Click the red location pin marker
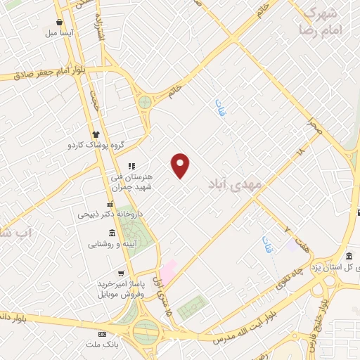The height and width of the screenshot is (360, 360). point(181,165)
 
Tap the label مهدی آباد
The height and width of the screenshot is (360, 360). point(235,185)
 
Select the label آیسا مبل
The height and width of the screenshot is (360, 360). point(60,33)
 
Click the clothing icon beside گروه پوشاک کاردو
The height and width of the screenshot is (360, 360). point(96,134)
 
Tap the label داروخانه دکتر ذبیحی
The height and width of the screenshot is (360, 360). point(110,213)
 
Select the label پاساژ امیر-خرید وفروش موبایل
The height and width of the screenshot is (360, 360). point(122,288)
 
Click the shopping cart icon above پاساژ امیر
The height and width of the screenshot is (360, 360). point(122,273)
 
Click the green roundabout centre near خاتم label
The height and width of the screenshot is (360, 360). point(145,103)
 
